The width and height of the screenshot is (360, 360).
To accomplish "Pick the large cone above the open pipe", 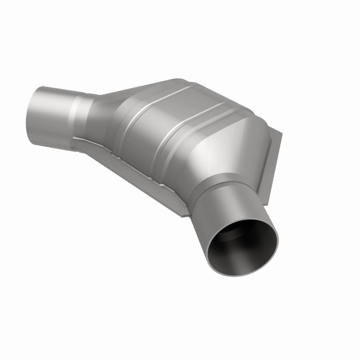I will pyautogui.click(x=234, y=148).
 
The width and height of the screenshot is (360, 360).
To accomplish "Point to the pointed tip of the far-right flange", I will pyautogui.click(x=283, y=134).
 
